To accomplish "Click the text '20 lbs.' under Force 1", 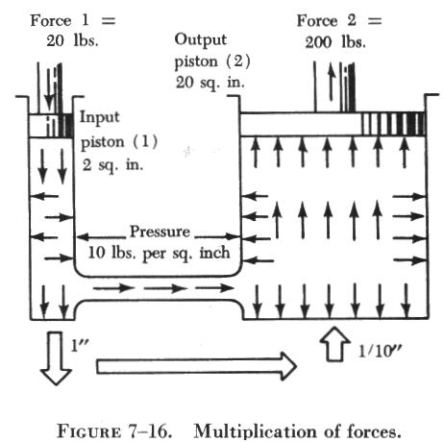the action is coord(72,40).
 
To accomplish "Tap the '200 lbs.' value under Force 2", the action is coord(335,42).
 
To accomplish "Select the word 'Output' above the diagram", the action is coord(201,40).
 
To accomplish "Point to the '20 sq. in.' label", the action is coord(210,83).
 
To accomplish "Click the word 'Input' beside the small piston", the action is coord(99,118).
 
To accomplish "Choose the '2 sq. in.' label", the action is coord(112,165).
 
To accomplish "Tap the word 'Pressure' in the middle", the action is coord(160,232).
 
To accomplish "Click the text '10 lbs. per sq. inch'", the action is coord(159,253).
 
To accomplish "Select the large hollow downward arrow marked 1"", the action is coord(56,357).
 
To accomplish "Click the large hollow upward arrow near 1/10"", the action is coord(334,344).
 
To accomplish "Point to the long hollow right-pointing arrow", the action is coord(196,366).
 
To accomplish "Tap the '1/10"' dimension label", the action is coord(380,351).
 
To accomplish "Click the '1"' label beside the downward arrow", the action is coord(80,346).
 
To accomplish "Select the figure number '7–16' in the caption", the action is coord(150,430).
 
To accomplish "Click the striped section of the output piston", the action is coord(394,124).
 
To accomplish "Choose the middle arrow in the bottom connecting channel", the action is coord(165,288).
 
